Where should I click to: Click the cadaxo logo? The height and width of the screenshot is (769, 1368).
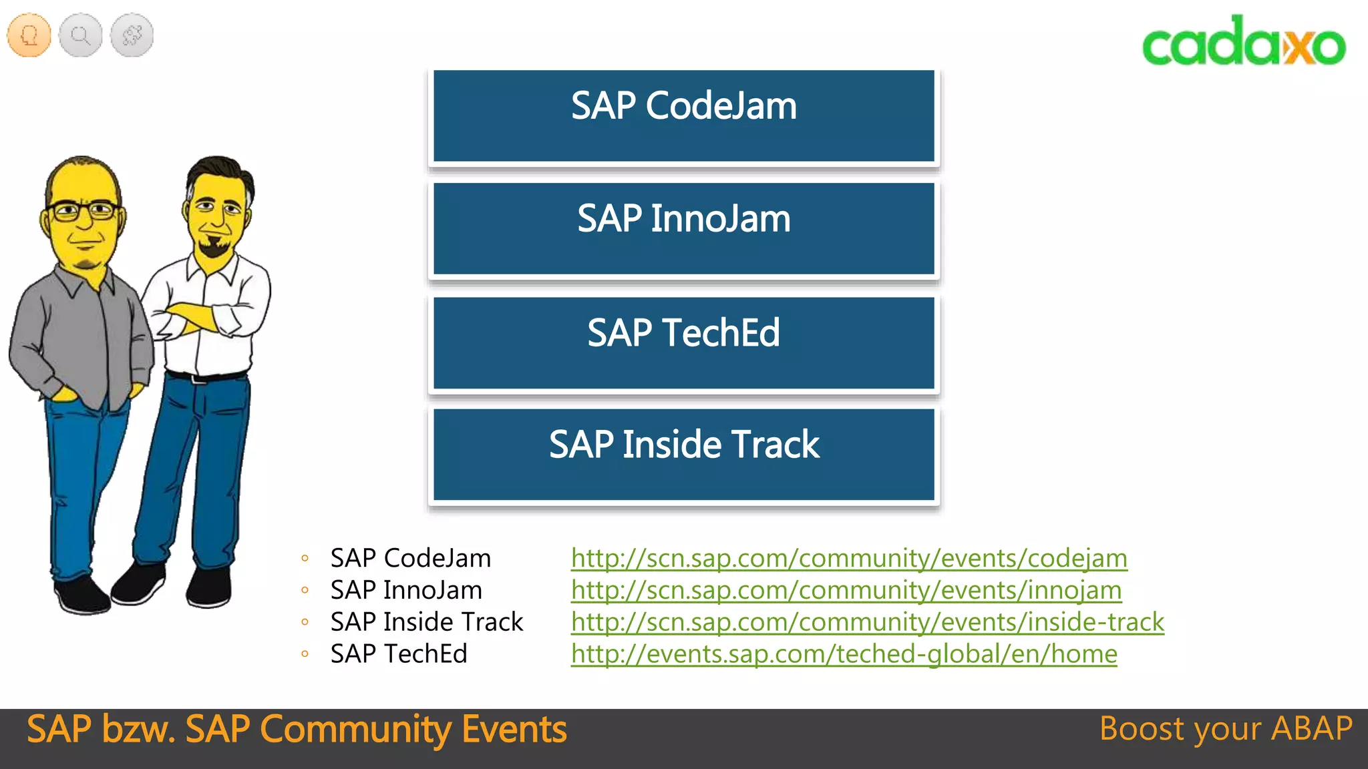[1244, 41]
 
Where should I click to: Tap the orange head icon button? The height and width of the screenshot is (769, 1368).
[29, 35]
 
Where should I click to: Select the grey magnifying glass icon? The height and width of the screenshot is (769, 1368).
[81, 35]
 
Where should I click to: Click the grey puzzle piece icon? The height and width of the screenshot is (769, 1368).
[132, 35]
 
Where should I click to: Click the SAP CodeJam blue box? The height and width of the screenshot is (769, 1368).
[683, 115]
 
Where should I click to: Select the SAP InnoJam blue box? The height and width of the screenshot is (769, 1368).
[683, 228]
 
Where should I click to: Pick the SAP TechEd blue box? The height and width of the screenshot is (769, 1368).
[683, 342]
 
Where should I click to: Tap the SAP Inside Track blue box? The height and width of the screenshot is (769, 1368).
[683, 454]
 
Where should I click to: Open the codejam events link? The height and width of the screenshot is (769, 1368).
[848, 558]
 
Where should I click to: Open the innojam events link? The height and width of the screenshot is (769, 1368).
[846, 590]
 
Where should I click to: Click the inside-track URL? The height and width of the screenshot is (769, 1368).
[867, 622]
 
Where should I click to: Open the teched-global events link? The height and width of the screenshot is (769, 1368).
[844, 654]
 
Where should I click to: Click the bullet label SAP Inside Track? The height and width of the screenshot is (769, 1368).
[426, 622]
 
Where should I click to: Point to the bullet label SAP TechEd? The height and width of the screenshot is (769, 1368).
[399, 654]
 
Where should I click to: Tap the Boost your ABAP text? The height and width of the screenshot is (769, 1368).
[1226, 729]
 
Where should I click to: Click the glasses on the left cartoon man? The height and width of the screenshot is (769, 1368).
[83, 212]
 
